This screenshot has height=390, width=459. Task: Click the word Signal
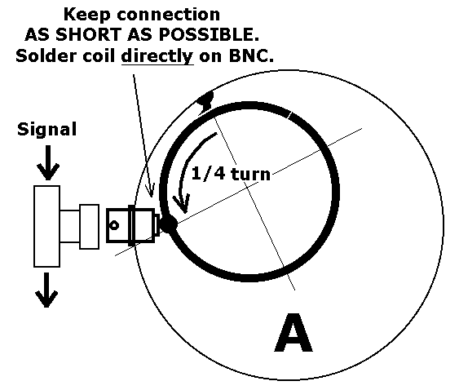(x=46, y=130)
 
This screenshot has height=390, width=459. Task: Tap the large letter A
(x=293, y=332)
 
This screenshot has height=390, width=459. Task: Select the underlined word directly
(x=157, y=56)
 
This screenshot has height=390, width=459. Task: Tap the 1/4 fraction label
(x=209, y=174)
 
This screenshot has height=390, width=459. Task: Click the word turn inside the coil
(x=250, y=174)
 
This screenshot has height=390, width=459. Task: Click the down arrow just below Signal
(x=48, y=162)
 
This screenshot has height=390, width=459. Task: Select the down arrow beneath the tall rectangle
(x=46, y=290)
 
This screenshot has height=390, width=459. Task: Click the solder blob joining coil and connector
(x=169, y=224)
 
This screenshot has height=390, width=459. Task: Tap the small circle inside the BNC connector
(x=114, y=225)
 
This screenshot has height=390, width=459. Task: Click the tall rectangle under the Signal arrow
(x=46, y=226)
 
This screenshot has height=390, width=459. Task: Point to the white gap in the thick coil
(x=289, y=115)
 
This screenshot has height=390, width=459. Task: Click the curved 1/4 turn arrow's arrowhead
(x=182, y=203)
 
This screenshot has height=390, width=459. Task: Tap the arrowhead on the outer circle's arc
(x=206, y=102)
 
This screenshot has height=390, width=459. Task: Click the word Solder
(x=46, y=55)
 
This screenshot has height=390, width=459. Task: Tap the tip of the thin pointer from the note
(x=152, y=197)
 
